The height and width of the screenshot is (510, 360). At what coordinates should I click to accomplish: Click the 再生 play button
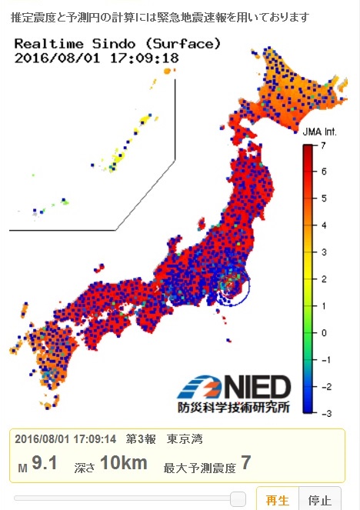pos(277,500)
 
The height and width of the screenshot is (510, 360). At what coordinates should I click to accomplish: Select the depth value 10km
pos(123,463)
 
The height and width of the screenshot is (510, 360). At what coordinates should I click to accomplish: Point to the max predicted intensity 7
pos(246,463)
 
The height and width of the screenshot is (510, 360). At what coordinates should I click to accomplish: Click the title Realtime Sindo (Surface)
pos(118,43)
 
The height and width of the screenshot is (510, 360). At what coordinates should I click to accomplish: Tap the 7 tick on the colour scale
pos(325,144)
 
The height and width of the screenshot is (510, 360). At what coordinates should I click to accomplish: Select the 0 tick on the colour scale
pos(325,332)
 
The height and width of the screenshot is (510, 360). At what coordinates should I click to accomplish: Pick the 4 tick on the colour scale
pos(325,225)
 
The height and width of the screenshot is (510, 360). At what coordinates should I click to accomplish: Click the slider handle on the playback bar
pos(238,499)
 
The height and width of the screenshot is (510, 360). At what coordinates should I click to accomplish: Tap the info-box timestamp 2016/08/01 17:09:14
pos(65,439)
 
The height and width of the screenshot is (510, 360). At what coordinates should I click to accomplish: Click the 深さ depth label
pos(84,466)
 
